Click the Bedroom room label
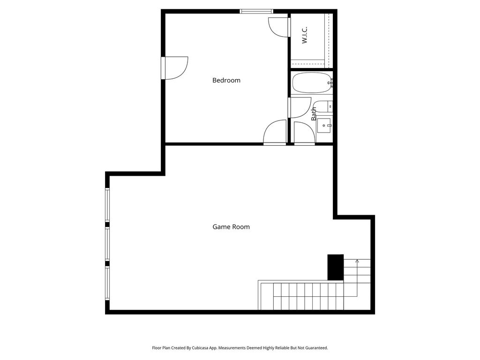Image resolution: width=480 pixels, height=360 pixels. coord(226,80)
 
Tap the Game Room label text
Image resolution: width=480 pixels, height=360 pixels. coord(231,227)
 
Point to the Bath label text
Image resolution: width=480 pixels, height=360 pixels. coord(314,113)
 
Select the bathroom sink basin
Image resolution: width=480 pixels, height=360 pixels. coord(324,126)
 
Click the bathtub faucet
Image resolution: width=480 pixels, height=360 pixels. coord(331,83)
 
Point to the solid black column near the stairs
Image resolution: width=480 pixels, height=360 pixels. coord(335,267)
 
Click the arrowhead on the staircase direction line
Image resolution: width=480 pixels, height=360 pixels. coord(357,261)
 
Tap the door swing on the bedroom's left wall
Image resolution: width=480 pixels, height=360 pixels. coord(175,68)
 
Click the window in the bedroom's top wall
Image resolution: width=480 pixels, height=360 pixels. coord(256,11)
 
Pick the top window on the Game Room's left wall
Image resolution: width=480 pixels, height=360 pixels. coord(107,204)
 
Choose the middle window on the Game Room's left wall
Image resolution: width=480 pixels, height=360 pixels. coord(107,244)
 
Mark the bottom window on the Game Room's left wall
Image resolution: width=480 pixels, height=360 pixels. coord(107,283)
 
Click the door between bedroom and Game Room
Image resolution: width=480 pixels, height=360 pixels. coord(275,133)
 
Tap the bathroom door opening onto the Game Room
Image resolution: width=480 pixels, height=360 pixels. coord(304,134)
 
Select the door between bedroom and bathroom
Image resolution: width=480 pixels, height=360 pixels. coord(299,107)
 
